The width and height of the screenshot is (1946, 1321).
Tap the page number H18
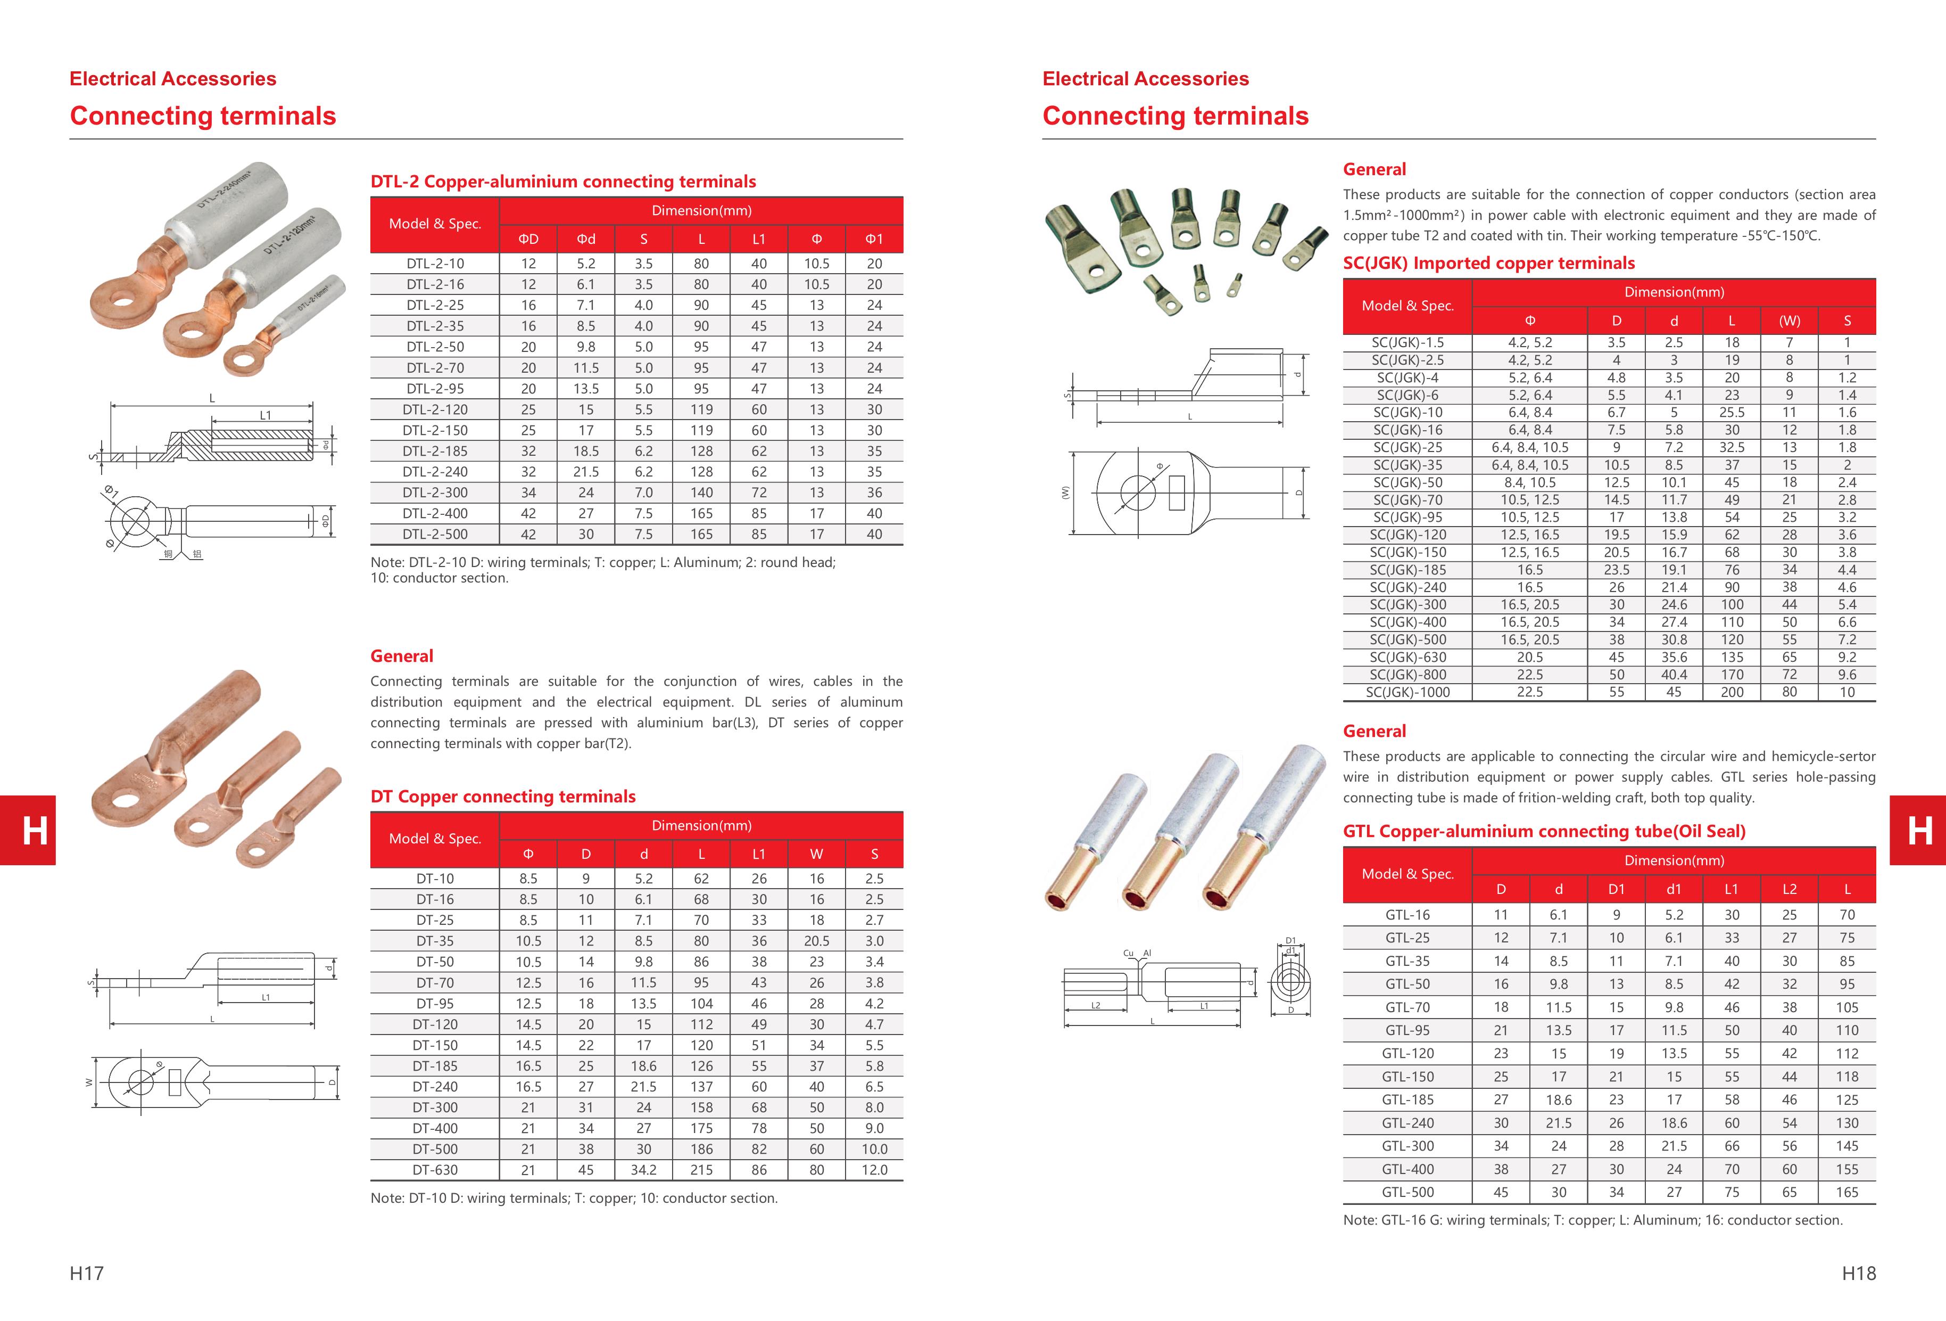(1858, 1273)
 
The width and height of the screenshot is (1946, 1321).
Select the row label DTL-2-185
(435, 450)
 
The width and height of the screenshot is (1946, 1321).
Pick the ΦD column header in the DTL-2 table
(528, 239)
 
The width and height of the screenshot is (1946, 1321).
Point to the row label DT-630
(435, 1169)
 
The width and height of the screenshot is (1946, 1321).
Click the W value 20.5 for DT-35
(816, 941)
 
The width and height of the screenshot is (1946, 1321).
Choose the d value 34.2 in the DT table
(643, 1169)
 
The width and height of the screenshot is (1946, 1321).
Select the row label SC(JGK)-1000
(1407, 692)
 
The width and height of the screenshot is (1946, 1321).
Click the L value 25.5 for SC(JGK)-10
(1731, 412)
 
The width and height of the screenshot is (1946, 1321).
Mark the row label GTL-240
(1407, 1122)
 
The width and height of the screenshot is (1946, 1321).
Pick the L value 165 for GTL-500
(1846, 1192)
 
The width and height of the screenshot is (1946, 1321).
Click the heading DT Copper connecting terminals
(502, 796)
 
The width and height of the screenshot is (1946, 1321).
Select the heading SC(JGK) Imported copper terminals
(1488, 263)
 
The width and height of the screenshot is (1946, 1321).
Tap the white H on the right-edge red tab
(1919, 830)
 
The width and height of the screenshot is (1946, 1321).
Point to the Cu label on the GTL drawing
(1128, 953)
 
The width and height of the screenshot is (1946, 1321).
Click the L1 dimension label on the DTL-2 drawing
(266, 415)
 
